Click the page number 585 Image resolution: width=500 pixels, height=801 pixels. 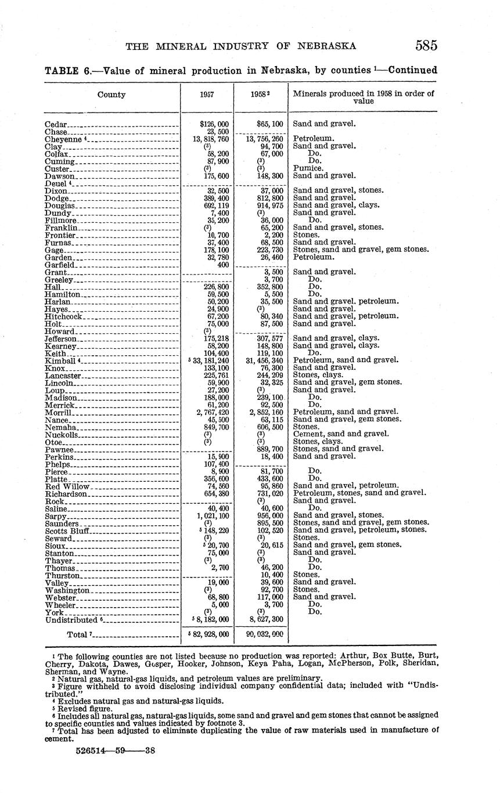pos(426,46)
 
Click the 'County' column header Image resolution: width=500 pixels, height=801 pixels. pos(111,95)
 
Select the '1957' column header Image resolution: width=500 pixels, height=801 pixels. pos(207,95)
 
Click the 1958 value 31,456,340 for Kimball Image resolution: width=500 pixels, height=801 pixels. pos(261,360)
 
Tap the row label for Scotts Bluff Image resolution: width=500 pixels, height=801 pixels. pos(67,531)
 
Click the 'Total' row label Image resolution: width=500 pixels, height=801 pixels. pos(80,634)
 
